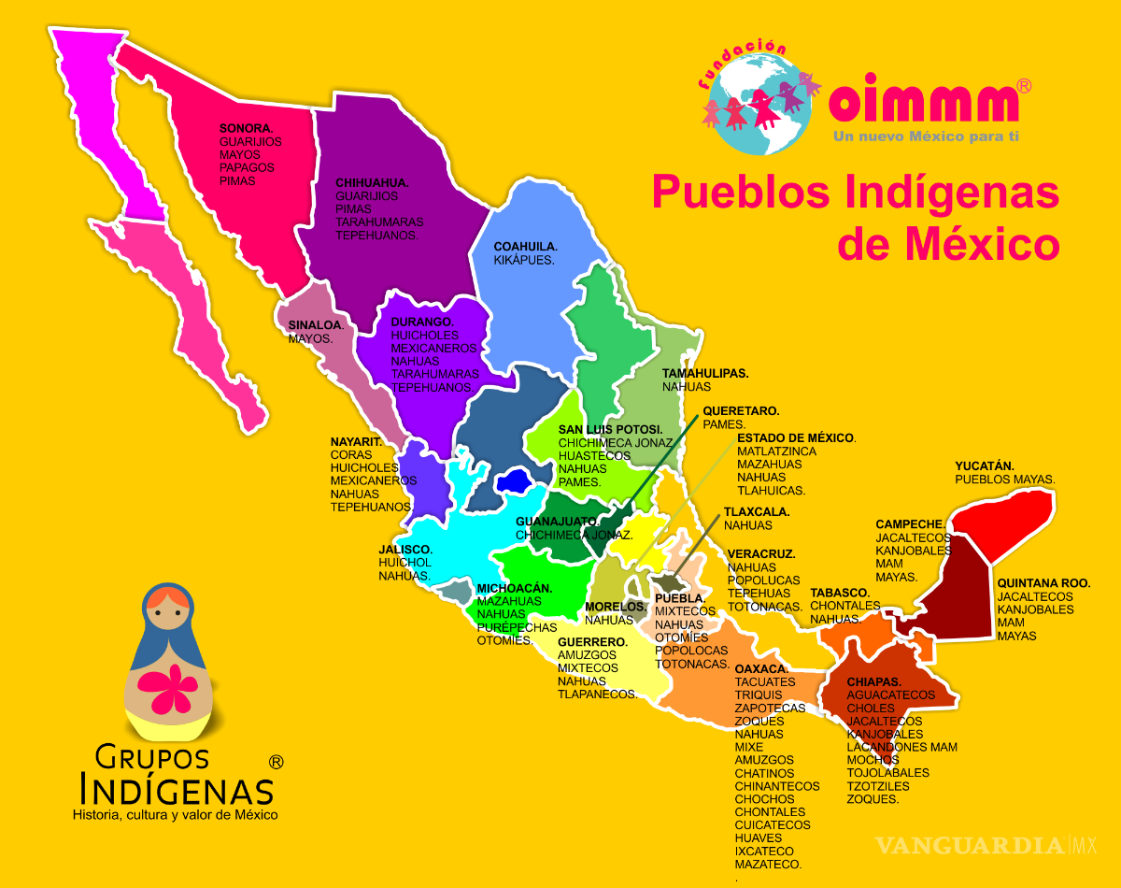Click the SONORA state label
(x=246, y=128)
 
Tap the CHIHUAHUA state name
(x=372, y=183)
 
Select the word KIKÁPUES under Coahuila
(x=524, y=260)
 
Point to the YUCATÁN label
(x=985, y=465)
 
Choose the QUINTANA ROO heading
(x=1043, y=583)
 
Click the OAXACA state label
(x=761, y=669)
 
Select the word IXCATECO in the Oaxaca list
(x=764, y=852)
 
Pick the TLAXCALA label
(x=757, y=512)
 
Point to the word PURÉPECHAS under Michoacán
(x=517, y=627)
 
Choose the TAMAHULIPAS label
(x=705, y=373)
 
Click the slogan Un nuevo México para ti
(x=925, y=137)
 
